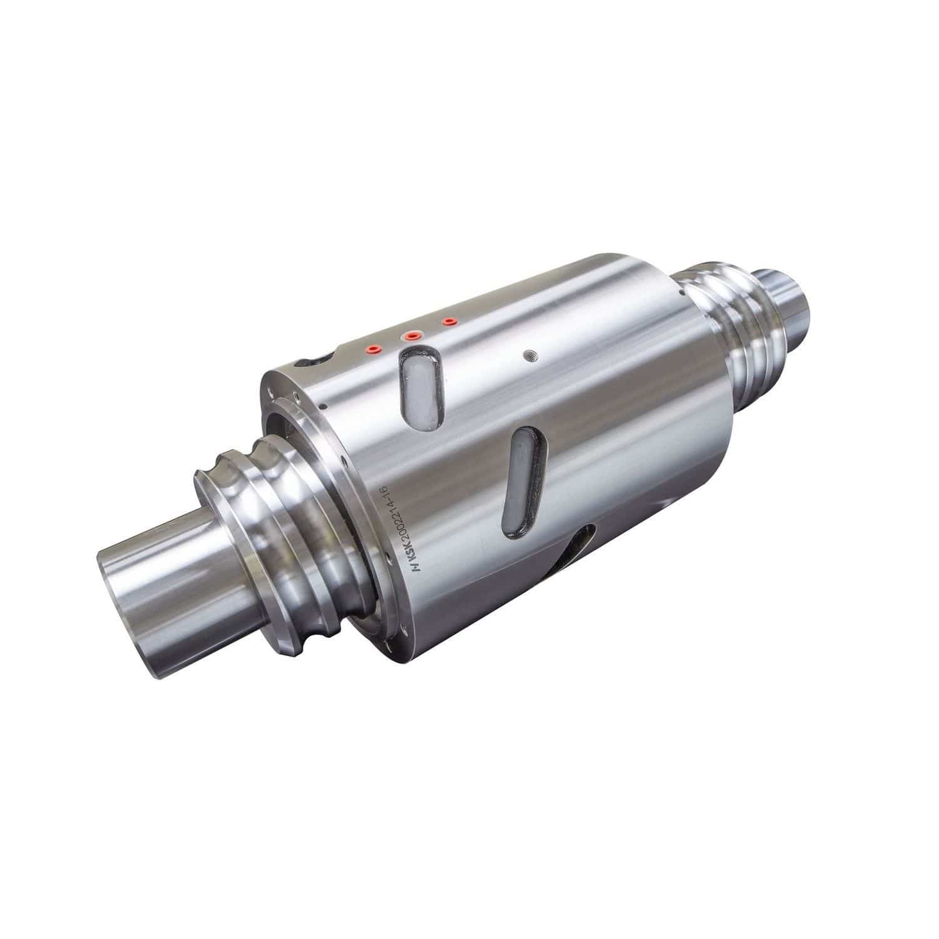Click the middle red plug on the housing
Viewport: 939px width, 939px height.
point(411,336)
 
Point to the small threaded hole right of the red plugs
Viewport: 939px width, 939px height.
point(531,354)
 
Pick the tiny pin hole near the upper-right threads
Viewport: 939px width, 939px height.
point(680,291)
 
